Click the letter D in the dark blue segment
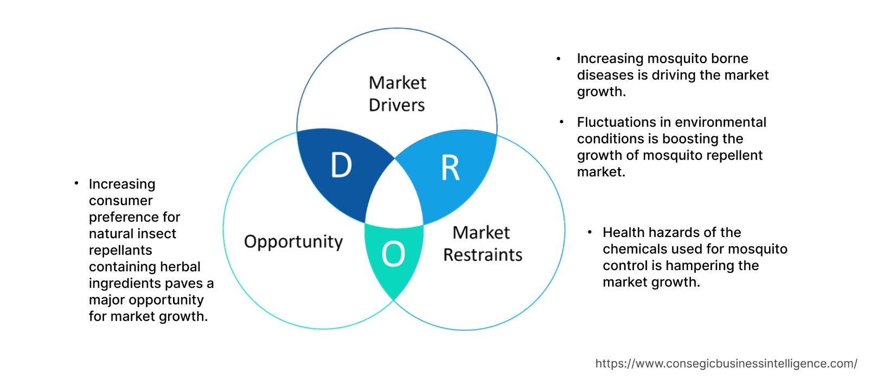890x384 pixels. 341,165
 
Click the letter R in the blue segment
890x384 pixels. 450,168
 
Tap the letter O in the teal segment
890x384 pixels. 393,254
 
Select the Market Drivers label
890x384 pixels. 397,94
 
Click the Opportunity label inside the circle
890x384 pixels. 293,241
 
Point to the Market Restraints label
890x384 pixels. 482,244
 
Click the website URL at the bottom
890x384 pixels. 726,363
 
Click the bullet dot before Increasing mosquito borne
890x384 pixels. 559,59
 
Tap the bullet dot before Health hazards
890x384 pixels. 590,233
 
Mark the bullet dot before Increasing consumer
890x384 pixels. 76,184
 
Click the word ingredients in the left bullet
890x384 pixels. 125,283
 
